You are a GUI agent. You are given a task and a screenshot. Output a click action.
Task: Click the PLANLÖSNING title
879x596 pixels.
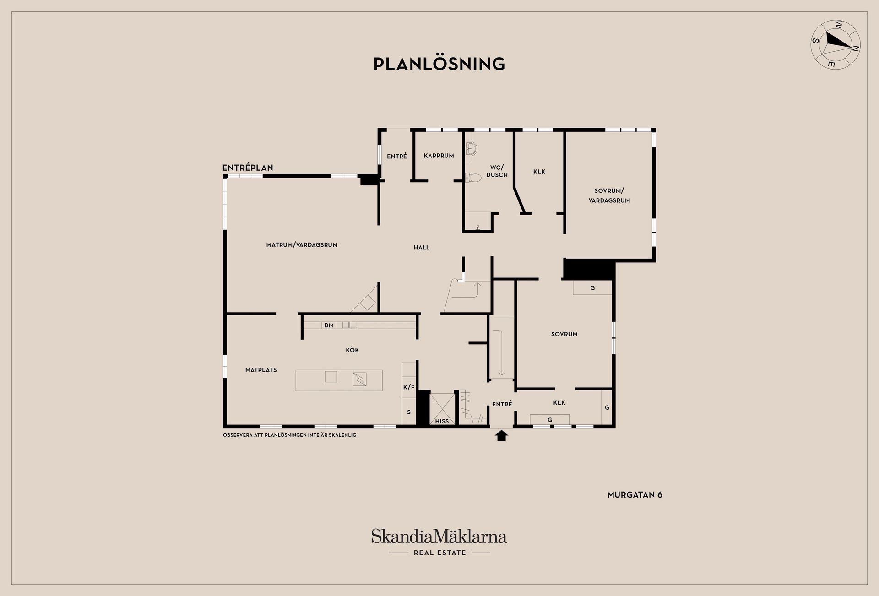(x=439, y=64)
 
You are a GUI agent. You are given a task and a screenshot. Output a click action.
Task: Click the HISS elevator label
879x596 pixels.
(x=442, y=421)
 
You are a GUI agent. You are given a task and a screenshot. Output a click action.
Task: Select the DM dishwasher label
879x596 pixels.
(x=329, y=325)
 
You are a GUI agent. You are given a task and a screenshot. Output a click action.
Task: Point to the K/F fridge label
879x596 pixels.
(x=409, y=387)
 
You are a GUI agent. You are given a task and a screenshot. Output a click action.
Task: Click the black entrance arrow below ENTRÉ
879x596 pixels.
(x=502, y=435)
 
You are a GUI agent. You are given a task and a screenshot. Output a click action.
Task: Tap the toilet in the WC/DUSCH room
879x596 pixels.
(x=473, y=178)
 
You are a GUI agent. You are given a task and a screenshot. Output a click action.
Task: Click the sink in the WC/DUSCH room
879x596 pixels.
(x=471, y=148)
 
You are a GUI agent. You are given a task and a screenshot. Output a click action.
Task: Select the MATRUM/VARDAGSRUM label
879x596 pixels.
(x=302, y=245)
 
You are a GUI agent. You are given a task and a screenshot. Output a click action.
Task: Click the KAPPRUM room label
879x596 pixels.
(x=439, y=156)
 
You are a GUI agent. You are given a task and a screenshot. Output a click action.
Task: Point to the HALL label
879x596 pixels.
(x=422, y=248)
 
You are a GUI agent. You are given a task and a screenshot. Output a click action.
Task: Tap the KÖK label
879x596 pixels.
(x=353, y=350)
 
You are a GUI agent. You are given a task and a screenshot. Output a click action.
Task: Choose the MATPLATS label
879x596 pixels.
(x=261, y=370)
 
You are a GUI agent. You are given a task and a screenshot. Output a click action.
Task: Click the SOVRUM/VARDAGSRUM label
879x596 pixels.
(x=609, y=195)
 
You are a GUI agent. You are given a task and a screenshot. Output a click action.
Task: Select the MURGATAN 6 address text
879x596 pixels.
(x=635, y=495)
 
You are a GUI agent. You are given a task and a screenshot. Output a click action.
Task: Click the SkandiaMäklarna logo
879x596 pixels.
(x=439, y=542)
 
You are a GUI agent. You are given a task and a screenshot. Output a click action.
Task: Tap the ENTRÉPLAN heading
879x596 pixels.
(x=248, y=168)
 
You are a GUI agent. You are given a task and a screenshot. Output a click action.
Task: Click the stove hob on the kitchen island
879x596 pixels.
(x=360, y=379)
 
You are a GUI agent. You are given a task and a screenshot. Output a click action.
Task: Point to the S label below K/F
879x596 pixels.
(x=409, y=412)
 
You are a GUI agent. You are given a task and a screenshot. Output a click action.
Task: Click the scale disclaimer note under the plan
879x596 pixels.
(x=289, y=435)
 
